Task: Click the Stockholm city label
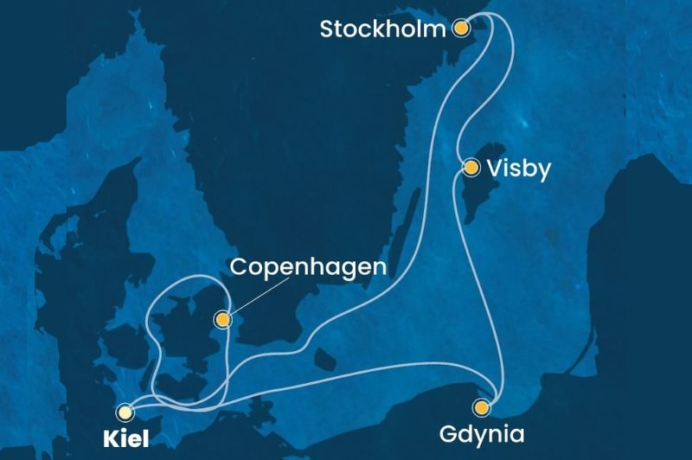[383, 29]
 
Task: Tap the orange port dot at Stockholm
[461, 29]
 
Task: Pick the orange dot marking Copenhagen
[224, 320]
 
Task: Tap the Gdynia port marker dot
[480, 406]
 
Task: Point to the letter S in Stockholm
[328, 29]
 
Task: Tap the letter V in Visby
[496, 169]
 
